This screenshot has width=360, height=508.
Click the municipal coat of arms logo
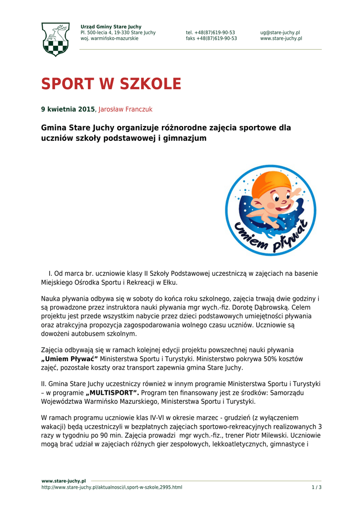click(55, 39)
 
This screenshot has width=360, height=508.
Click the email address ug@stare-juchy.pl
click(280, 33)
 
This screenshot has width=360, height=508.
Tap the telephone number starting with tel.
click(211, 33)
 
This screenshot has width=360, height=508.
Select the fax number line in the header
click(211, 39)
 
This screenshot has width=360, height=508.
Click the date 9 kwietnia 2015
click(68, 109)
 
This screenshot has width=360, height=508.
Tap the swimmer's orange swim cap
click(271, 184)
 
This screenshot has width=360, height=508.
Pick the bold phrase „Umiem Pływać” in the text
click(70, 359)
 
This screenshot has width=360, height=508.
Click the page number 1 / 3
click(316, 488)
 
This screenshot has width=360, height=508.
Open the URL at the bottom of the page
click(112, 488)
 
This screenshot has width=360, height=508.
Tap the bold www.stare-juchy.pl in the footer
click(64, 481)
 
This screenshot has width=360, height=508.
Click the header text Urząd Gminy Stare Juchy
click(111, 27)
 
